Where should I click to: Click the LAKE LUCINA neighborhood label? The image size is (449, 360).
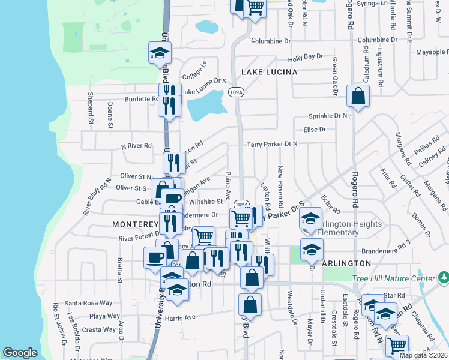point(270,72)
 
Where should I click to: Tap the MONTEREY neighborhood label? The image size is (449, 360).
point(135,224)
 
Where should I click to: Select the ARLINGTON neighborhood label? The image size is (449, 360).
point(346,263)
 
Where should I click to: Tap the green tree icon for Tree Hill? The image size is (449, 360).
point(443,278)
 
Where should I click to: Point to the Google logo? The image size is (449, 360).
point(20,353)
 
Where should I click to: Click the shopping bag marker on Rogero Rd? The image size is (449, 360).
point(358,96)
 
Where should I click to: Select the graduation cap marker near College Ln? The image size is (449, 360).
point(160,53)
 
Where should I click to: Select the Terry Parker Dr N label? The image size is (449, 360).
point(272,144)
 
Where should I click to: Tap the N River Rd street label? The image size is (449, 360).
point(136,146)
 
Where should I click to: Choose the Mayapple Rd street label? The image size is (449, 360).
point(429,52)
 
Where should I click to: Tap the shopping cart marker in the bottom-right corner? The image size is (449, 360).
point(397,345)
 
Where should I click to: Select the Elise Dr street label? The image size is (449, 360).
point(315,129)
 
